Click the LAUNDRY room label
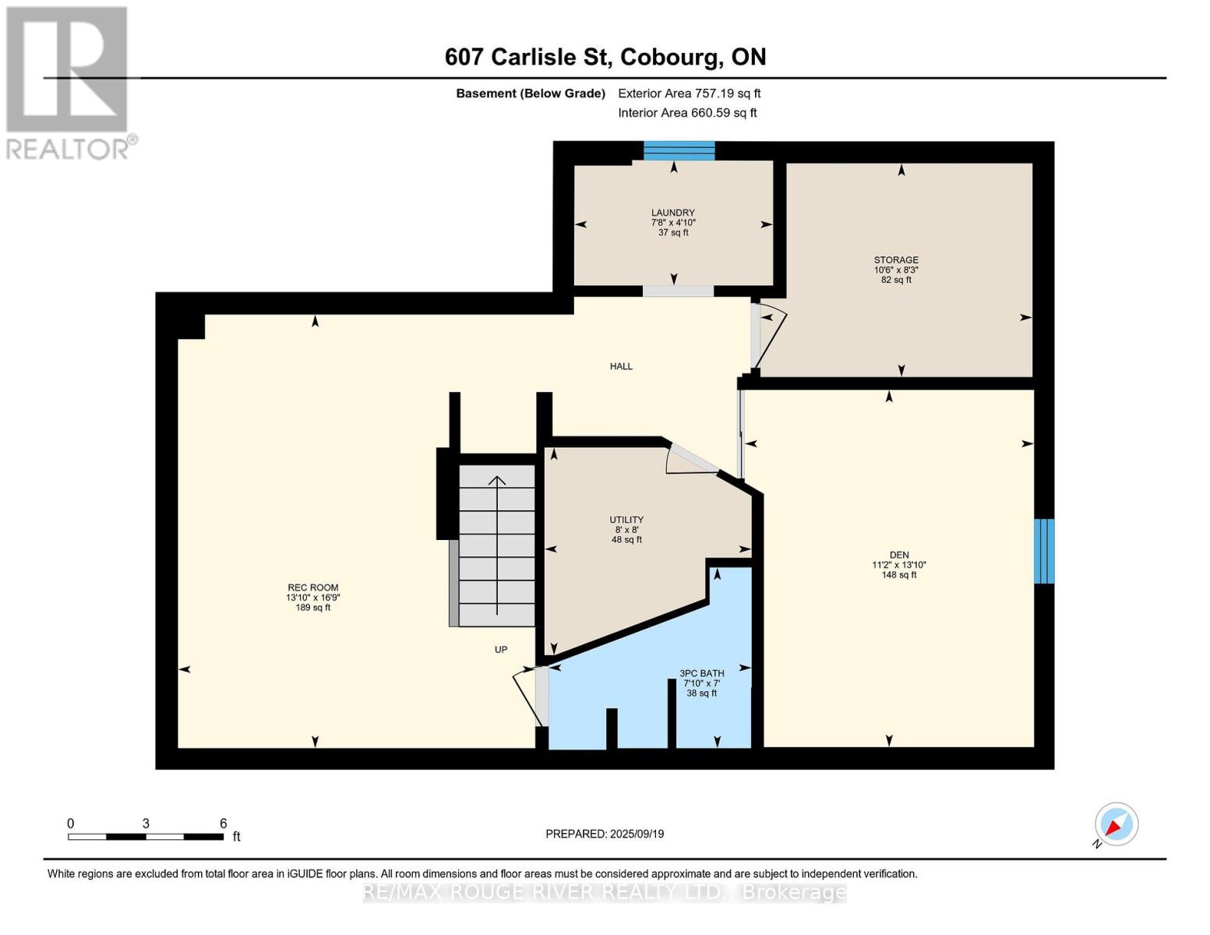point(673,213)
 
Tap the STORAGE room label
point(896,260)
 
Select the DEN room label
point(899,556)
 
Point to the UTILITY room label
point(626,520)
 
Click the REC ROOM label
point(313,588)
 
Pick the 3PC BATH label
point(702,673)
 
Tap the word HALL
point(621,366)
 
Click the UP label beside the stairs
point(501,650)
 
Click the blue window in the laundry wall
point(679,150)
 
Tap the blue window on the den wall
point(1043,551)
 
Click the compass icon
point(1116,824)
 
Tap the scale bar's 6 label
point(224,824)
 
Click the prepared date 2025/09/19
point(637,834)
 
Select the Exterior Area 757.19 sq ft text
point(689,93)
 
